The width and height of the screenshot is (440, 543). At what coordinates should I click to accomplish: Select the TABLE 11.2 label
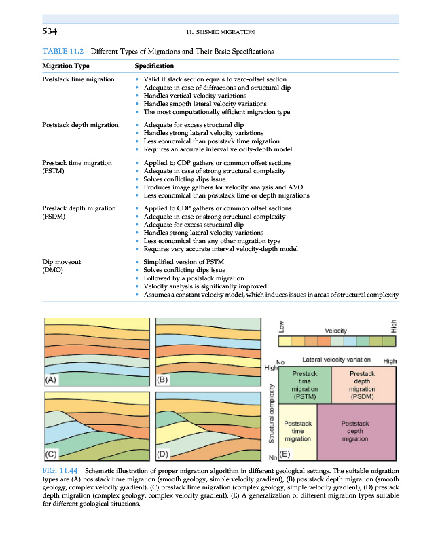coord(64,51)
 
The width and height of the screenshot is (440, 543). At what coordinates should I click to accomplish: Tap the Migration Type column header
coord(65,66)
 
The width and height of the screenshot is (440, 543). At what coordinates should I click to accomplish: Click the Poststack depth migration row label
coord(80,125)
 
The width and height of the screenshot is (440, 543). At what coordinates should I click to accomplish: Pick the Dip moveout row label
coord(61,261)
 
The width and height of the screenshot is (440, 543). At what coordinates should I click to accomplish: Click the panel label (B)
coord(164,381)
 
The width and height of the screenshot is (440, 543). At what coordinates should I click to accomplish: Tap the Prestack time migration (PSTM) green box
coord(304,385)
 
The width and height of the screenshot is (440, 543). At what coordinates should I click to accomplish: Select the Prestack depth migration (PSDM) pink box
coord(362,385)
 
